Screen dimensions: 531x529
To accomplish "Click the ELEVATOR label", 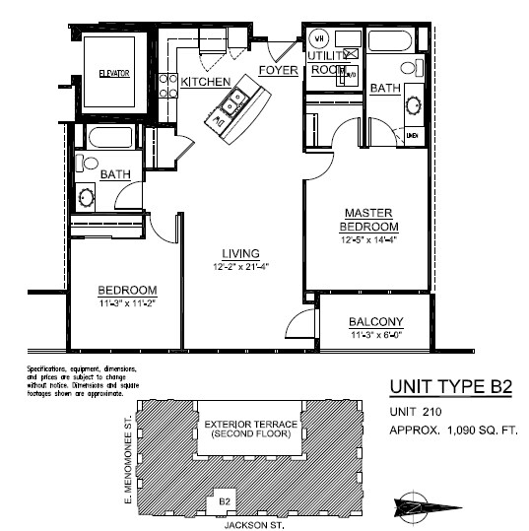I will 113,74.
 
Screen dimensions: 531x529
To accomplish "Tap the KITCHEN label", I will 206,82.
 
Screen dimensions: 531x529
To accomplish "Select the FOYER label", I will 279,70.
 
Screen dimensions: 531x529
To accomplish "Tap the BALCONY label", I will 376,322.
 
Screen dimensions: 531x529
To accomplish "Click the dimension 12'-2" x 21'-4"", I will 239,267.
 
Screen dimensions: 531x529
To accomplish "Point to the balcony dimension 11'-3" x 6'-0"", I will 376,335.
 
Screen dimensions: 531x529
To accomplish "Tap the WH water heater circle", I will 318,38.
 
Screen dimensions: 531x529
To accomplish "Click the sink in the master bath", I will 411,103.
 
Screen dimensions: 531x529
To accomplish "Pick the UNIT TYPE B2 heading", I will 451,386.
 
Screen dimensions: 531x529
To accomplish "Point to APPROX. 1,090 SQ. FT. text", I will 453,431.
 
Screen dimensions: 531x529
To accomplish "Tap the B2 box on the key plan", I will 224,499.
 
